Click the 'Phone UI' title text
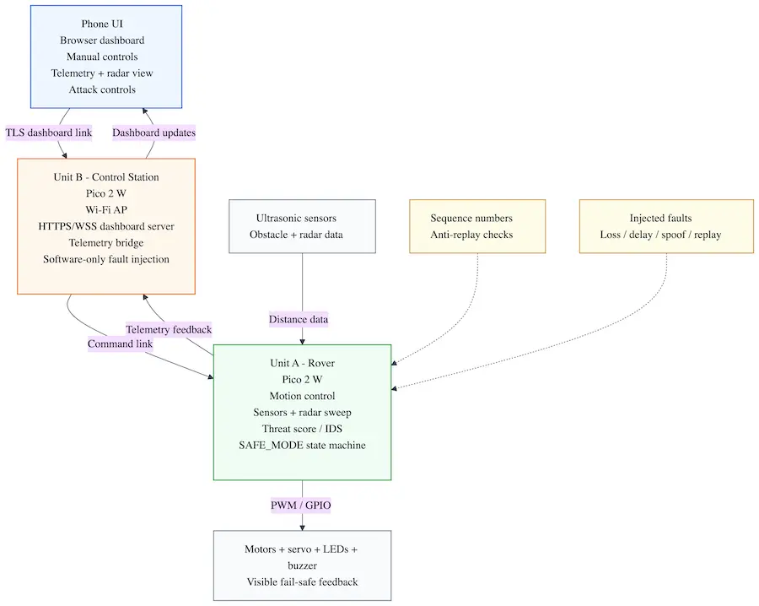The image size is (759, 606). tap(105, 24)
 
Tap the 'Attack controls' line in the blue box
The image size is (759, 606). tap(105, 89)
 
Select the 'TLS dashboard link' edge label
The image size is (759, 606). tap(48, 133)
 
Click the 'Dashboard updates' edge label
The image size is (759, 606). tap(154, 133)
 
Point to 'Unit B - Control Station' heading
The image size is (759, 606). tap(106, 177)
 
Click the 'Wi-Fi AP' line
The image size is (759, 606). tap(106, 210)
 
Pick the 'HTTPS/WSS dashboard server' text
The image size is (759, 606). tap(106, 226)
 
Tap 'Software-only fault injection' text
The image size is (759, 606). tap(106, 259)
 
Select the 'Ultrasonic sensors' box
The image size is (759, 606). tap(302, 226)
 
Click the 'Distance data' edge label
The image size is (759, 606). tap(299, 319)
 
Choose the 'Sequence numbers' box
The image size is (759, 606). tap(477, 226)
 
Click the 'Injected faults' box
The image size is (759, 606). tap(666, 226)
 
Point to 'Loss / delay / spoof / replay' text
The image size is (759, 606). tap(666, 235)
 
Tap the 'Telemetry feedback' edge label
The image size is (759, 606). tap(169, 329)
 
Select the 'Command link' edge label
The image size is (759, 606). tap(120, 344)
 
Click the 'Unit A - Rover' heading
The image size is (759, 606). tap(302, 363)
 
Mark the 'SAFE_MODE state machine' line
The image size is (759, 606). tap(302, 445)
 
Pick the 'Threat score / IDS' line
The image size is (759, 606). tap(302, 429)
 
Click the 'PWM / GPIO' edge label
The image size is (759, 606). tap(300, 505)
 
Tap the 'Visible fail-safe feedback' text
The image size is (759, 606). tap(302, 582)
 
